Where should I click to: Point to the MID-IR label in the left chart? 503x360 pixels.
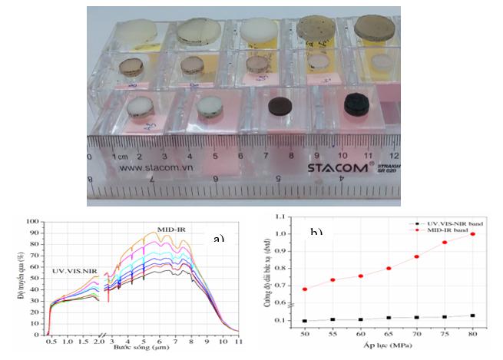point(176,228)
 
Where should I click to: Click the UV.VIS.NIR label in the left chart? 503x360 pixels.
point(74,272)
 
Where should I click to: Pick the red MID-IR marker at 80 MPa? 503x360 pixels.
point(473,233)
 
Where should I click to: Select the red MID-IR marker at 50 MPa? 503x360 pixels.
point(306,289)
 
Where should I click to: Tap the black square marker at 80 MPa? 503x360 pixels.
point(473,315)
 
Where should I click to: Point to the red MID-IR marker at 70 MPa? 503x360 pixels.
point(417,256)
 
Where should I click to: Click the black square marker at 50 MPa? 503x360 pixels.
point(306,321)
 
